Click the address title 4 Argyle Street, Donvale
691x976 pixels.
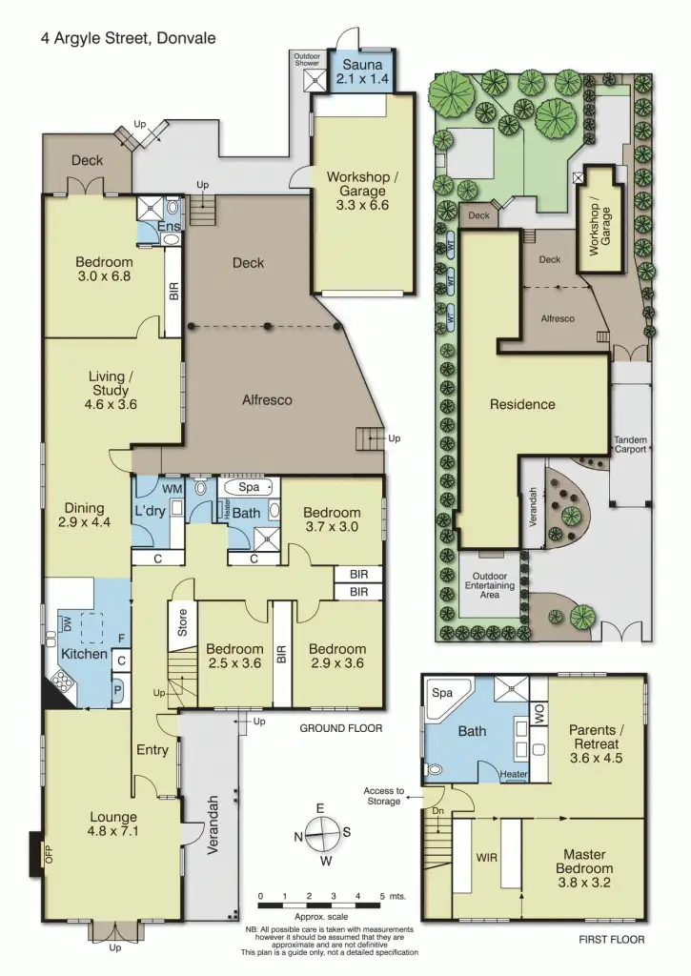128,39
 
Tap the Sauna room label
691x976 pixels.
362,71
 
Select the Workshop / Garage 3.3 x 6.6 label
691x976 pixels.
359,191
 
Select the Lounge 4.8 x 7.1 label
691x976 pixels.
113,823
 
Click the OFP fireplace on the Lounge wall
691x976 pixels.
35,852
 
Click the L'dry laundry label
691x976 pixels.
150,513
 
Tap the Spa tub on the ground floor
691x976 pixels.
249,486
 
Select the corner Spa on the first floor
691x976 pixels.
441,693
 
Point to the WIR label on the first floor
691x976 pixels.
486,857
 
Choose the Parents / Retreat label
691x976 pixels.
594,737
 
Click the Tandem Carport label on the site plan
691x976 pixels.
631,442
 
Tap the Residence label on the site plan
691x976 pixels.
522,404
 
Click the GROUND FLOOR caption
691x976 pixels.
341,728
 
